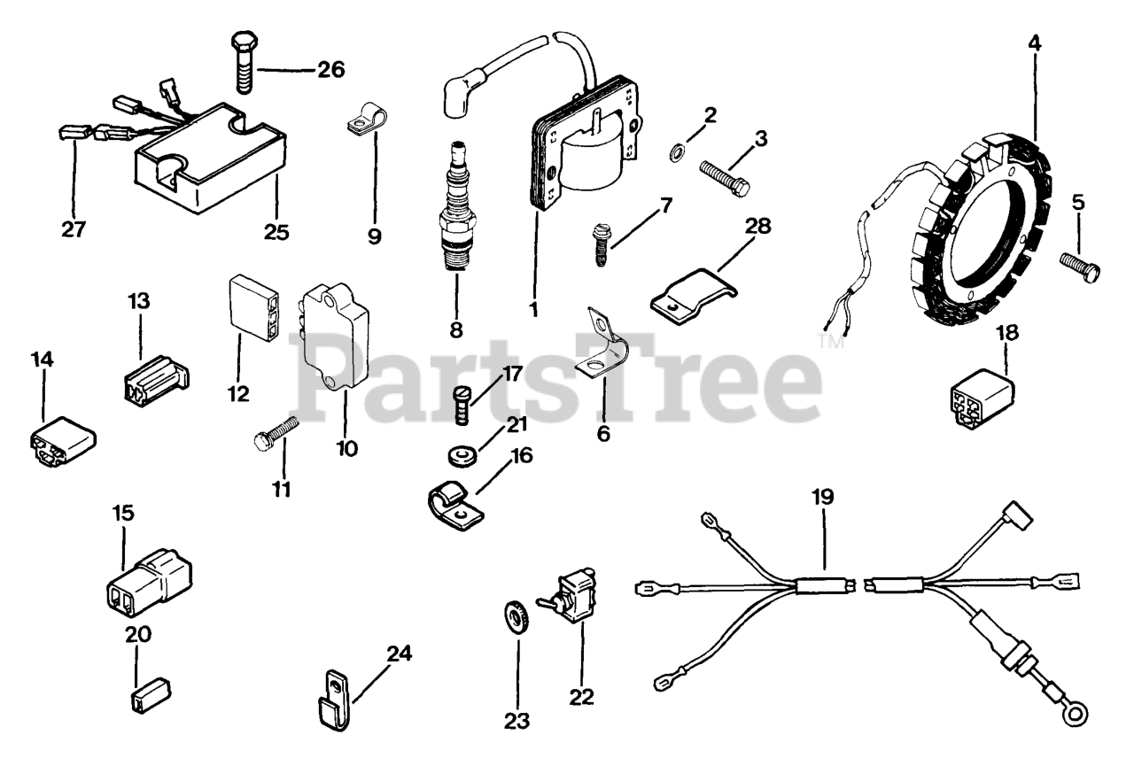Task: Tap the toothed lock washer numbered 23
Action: click(x=515, y=614)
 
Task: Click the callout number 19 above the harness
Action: click(x=823, y=497)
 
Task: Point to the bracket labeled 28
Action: click(x=695, y=292)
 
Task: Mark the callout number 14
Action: click(x=42, y=360)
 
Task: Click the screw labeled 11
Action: click(x=276, y=432)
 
